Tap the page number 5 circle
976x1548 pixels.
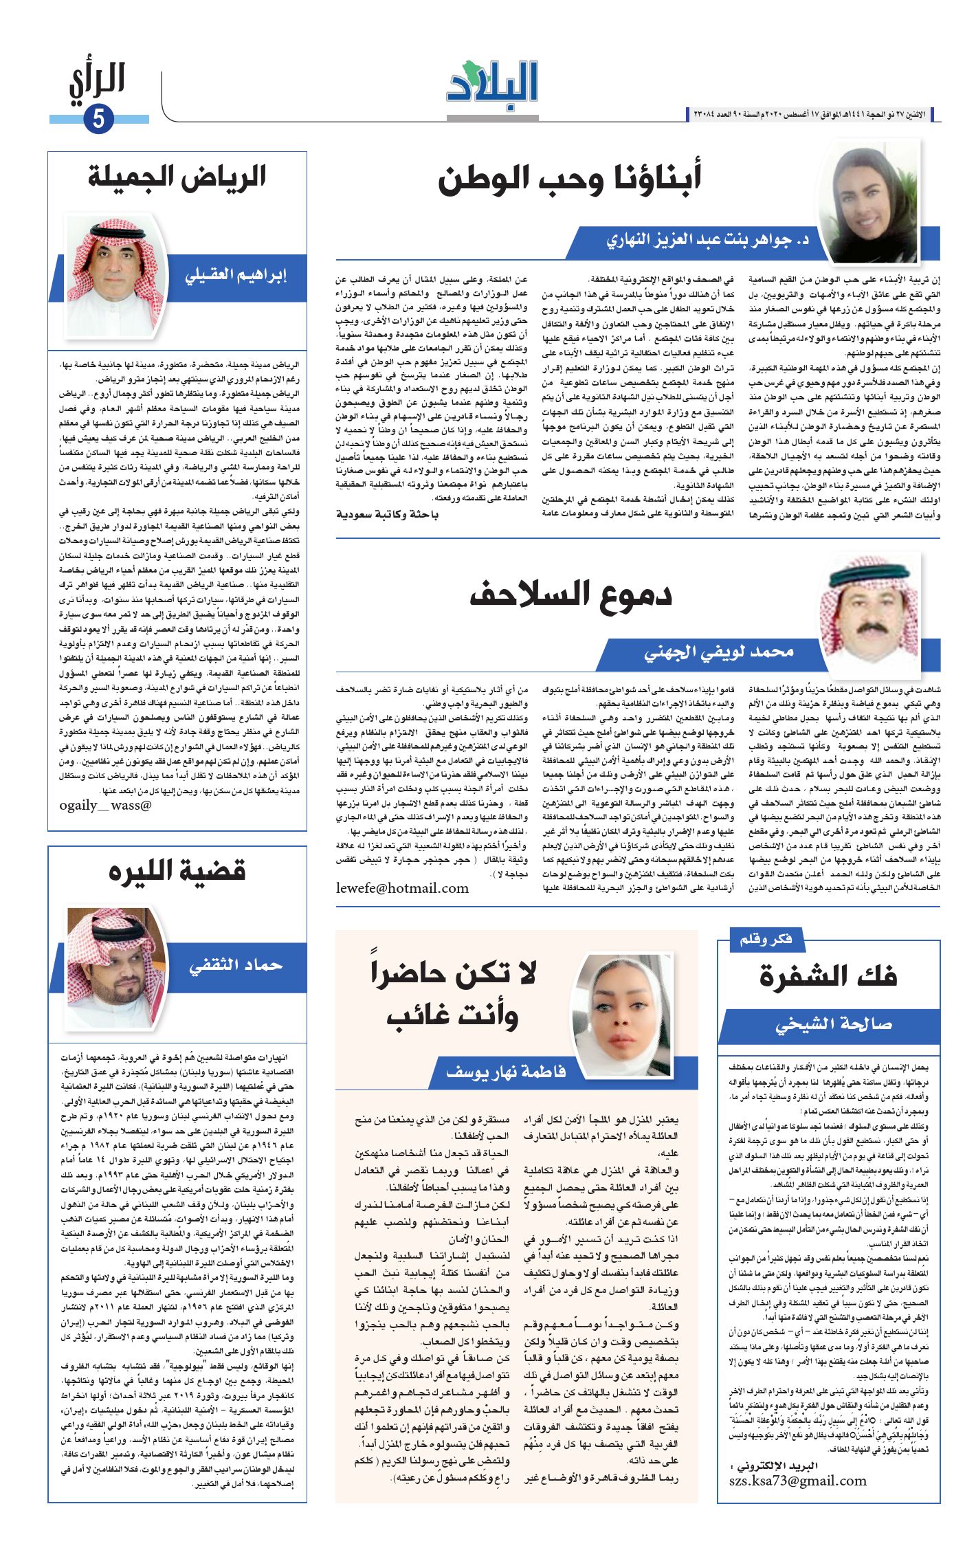tap(98, 119)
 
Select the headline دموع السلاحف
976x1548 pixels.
tap(570, 595)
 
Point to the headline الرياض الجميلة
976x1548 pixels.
tap(177, 177)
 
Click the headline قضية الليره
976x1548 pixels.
tap(177, 872)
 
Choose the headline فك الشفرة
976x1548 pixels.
tap(828, 977)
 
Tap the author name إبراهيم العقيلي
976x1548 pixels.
tap(236, 276)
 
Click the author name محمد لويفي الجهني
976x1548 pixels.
tap(719, 652)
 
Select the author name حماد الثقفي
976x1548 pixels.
tap(236, 966)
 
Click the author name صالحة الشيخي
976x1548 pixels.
tap(834, 1025)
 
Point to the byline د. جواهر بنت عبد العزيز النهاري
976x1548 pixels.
tap(707, 241)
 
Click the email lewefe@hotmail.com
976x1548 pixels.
tap(402, 888)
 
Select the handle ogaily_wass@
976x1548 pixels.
tap(105, 805)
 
